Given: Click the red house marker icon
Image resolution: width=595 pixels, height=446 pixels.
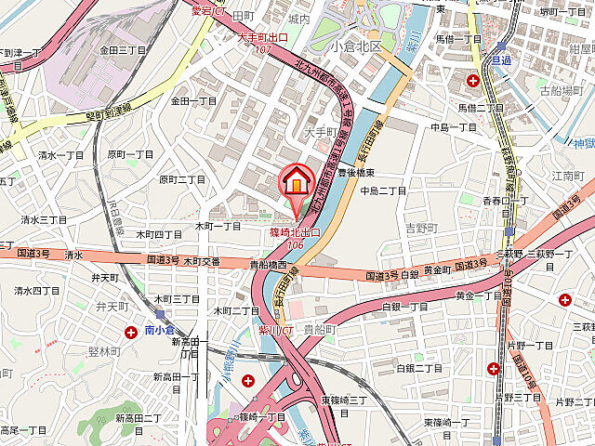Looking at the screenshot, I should click(297, 179).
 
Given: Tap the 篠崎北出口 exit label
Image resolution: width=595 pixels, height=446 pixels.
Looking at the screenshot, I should click(294, 231).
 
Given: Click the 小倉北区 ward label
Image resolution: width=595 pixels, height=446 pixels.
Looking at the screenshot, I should click(361, 46).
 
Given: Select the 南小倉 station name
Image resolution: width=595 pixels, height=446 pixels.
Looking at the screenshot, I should click(160, 329).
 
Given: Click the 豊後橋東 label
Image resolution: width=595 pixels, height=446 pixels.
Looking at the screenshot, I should click(355, 173).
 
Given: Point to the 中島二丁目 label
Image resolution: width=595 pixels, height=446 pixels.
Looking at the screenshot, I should click(383, 190).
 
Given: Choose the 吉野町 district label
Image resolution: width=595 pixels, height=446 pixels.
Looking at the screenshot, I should click(421, 227).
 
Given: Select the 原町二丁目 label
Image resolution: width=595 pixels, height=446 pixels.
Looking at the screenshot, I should click(182, 178).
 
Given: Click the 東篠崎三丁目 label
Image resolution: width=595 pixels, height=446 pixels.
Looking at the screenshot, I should click(344, 400).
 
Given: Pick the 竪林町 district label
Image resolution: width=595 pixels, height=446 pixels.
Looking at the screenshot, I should click(104, 351).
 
